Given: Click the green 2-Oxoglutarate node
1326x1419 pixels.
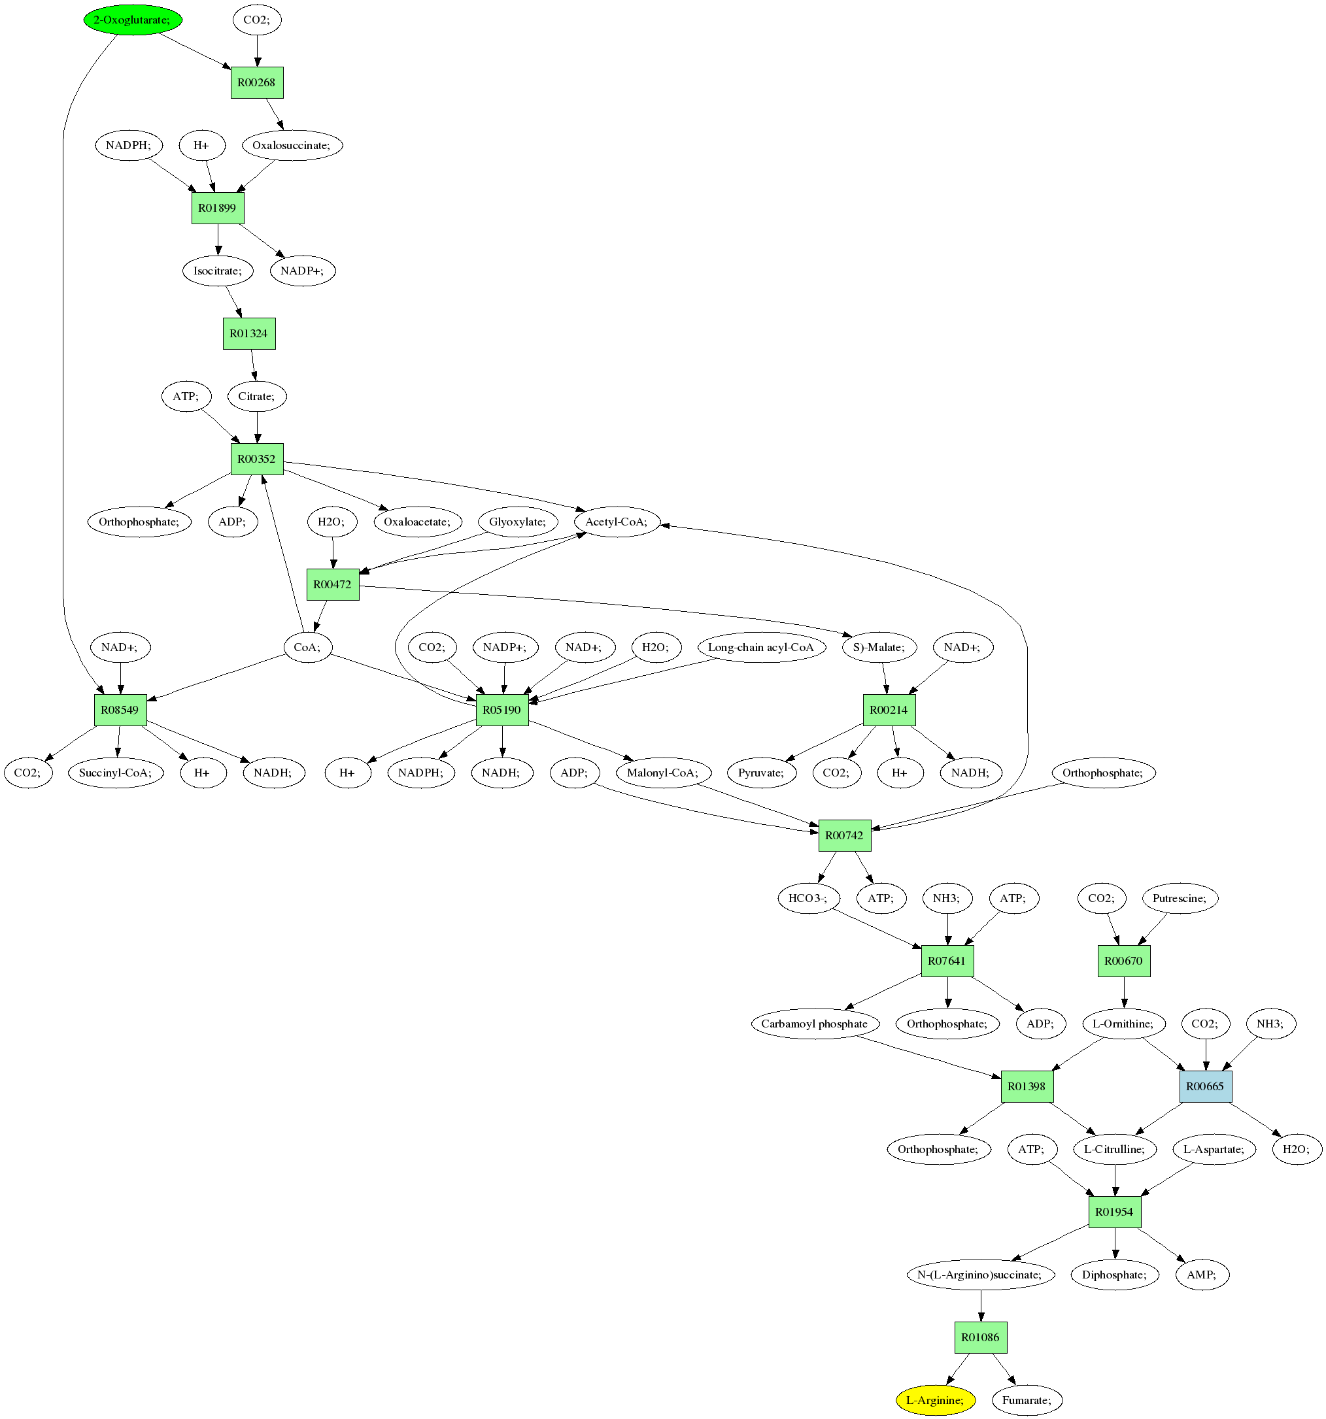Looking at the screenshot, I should (x=132, y=20).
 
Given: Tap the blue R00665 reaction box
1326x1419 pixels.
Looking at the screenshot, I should (x=1204, y=1086).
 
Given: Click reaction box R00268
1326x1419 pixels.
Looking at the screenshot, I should (x=256, y=83).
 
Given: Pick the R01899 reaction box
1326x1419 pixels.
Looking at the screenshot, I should (x=218, y=209).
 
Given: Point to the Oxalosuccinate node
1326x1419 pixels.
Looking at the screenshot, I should (x=292, y=146).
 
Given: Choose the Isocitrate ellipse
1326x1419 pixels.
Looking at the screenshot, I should (x=218, y=271).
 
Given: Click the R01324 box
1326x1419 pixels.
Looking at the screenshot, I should (x=248, y=333).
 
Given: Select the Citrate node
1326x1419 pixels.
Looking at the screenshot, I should (x=256, y=396).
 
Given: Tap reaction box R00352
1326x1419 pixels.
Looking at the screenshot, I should (x=256, y=459).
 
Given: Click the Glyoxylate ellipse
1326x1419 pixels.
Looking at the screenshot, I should (x=518, y=522).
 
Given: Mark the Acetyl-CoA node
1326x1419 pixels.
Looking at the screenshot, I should (x=616, y=522).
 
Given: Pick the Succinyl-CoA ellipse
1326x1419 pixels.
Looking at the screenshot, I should (x=116, y=773).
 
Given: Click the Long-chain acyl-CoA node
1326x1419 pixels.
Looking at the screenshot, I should (x=760, y=647).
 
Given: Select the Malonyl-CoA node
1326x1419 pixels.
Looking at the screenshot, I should (x=662, y=773).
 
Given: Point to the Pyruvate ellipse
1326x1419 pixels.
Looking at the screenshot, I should (x=761, y=773).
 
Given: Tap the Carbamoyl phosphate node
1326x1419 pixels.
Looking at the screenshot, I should (x=814, y=1024).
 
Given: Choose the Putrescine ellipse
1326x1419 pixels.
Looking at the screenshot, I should (x=1180, y=898).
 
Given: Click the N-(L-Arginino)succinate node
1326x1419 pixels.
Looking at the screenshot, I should (x=979, y=1275).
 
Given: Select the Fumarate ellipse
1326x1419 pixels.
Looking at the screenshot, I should (x=1026, y=1400).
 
